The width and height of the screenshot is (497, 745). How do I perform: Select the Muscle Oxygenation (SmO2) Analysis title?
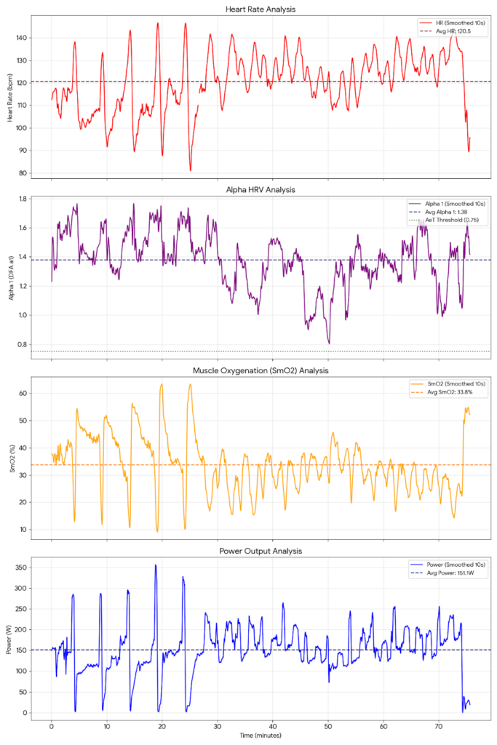click(x=261, y=370)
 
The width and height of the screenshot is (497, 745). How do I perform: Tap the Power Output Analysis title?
click(x=261, y=551)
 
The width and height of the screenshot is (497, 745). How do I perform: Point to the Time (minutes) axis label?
click(x=261, y=737)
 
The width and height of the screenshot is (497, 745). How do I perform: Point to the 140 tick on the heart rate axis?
click(x=20, y=37)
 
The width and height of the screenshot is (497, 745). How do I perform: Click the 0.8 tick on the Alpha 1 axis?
click(x=22, y=344)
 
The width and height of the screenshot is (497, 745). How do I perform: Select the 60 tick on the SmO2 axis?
click(x=22, y=393)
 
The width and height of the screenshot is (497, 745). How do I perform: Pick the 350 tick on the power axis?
click(x=20, y=567)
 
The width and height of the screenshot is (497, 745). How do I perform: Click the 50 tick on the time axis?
click(x=327, y=725)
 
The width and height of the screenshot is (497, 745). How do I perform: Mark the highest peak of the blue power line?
click(x=155, y=565)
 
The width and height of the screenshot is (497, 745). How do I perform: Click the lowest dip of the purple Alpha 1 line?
click(x=329, y=343)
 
